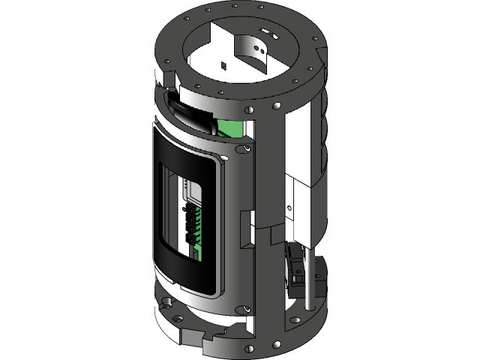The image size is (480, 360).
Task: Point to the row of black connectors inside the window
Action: [x=187, y=225]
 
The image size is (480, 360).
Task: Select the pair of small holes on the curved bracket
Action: [x=262, y=49]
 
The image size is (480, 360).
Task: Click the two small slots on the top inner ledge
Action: [x=272, y=34]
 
